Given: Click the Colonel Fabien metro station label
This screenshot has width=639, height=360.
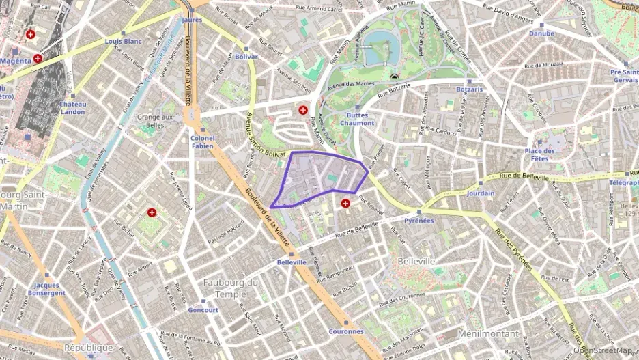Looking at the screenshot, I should [x=202, y=141].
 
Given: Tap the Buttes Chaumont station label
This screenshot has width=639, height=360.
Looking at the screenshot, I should [x=356, y=119].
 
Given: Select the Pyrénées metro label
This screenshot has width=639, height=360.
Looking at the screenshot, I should [x=419, y=221].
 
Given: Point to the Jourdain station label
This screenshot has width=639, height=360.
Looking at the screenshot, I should [x=481, y=193].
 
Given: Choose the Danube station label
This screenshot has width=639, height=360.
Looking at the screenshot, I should [x=541, y=33].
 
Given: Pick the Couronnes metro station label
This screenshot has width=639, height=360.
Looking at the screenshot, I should [x=346, y=331].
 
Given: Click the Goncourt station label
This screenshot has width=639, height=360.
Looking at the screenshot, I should [x=203, y=309].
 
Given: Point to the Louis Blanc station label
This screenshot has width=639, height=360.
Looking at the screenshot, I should [x=124, y=41].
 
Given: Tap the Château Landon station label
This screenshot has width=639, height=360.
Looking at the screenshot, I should [x=72, y=108].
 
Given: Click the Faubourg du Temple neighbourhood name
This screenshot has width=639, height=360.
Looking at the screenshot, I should [x=231, y=287].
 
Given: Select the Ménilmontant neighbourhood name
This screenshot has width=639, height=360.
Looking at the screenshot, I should [x=488, y=333].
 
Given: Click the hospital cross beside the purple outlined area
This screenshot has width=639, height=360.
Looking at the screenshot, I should [x=345, y=203].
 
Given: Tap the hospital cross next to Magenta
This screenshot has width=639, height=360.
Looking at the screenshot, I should [x=38, y=58].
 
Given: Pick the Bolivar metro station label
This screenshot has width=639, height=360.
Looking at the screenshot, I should [x=246, y=57].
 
